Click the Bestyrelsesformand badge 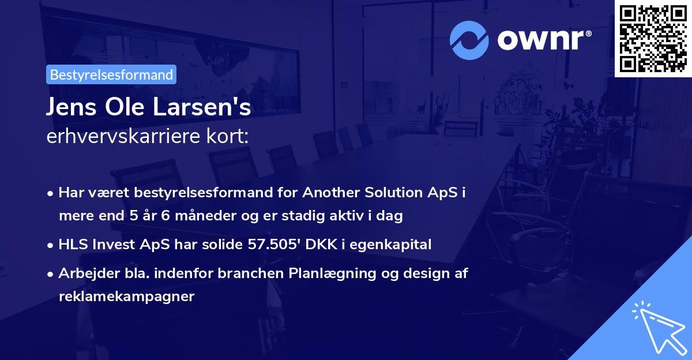tap(111, 74)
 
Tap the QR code tap(653, 38)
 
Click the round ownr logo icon tap(469, 40)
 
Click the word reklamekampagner tap(127, 297)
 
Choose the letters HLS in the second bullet tap(72, 245)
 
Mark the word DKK tap(325, 245)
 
